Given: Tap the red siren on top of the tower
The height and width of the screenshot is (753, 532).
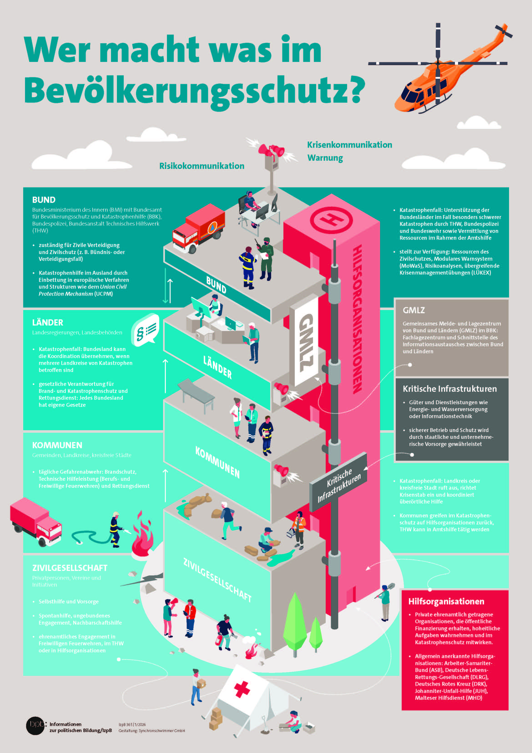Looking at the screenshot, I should pos(271,151).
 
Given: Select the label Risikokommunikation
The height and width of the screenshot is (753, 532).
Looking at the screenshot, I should pos(202,166).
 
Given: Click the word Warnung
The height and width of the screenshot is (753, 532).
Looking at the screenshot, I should pos(325,158).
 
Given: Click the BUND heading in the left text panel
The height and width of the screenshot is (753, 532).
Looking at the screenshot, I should pos(44,200).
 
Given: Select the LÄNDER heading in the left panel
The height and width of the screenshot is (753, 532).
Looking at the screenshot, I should pos(48,322).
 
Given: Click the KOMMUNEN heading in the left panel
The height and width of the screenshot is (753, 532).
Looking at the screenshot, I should pos(57,445).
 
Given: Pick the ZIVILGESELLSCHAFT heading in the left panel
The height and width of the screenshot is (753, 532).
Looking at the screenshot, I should pos(70,568).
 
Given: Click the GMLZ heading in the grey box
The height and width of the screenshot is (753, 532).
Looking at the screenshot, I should pos(414,310).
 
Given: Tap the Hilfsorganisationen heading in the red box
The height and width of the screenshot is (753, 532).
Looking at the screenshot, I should pos(446,601).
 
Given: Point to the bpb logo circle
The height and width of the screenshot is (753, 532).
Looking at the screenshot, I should pos(35,725).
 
